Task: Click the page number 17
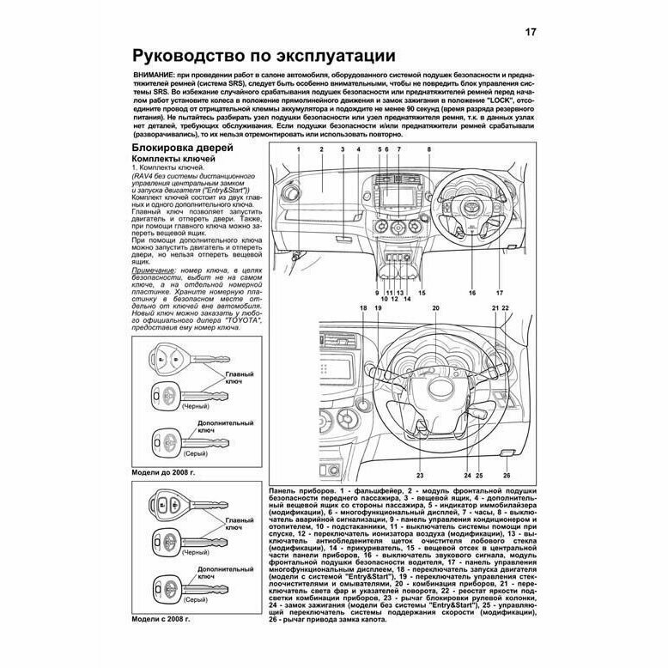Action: pyautogui.click(x=531, y=33)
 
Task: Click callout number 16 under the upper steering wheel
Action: pyautogui.click(x=471, y=293)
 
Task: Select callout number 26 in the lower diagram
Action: pyautogui.click(x=507, y=475)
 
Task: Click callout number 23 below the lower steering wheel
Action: pyautogui.click(x=420, y=475)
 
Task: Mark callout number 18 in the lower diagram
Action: pyautogui.click(x=362, y=308)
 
